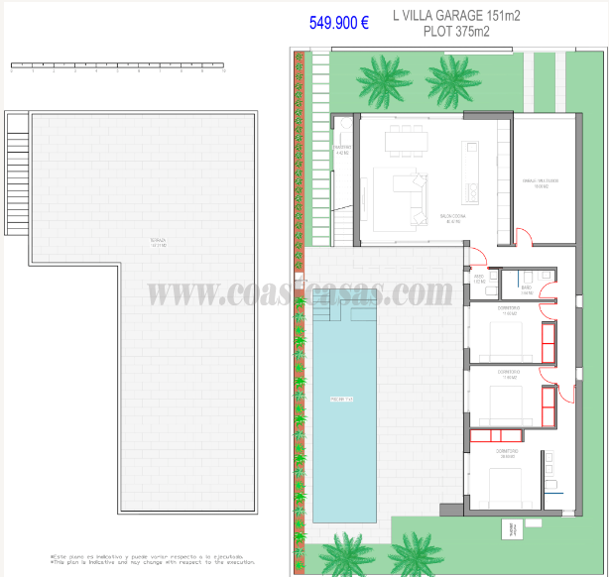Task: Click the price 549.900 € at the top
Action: point(338,22)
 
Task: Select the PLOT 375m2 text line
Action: point(442,32)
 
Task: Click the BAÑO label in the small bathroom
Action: point(527,288)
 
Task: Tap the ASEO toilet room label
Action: point(479,279)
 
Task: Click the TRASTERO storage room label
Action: point(342,150)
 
